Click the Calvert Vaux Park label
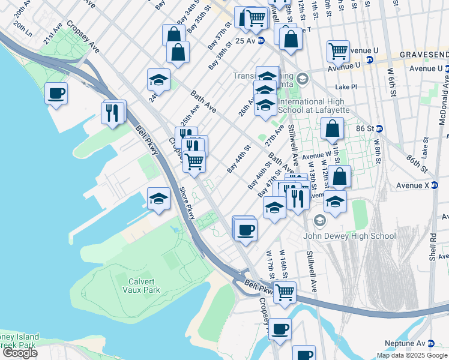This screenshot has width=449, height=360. (x=142, y=285)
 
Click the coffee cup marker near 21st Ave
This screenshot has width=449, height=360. (x=56, y=94)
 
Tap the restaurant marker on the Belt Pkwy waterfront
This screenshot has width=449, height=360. (x=113, y=112)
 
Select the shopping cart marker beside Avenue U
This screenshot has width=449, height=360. (x=338, y=51)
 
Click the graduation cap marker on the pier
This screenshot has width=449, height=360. (x=158, y=199)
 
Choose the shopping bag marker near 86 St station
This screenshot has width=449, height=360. (x=332, y=128)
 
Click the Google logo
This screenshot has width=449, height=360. (x=20, y=353)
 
